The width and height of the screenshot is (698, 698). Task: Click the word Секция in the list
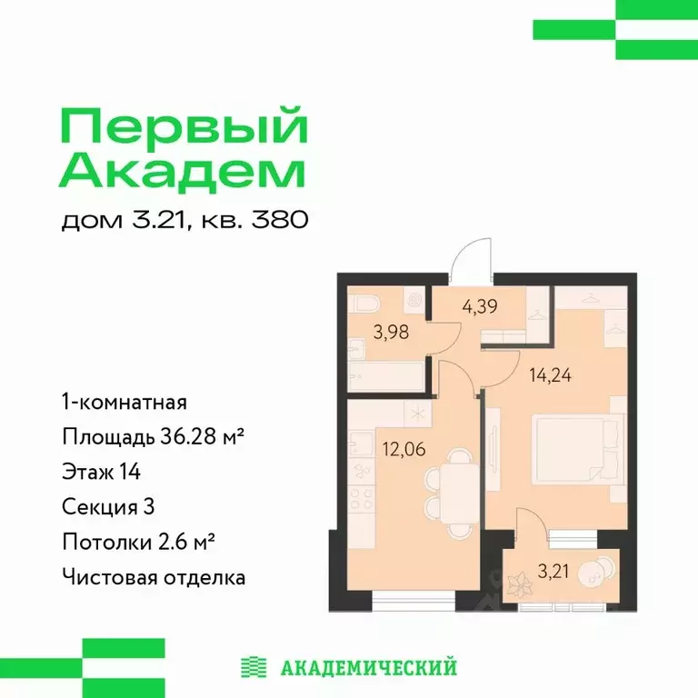pos(94,506)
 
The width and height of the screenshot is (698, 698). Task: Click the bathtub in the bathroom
pos(385,370)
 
